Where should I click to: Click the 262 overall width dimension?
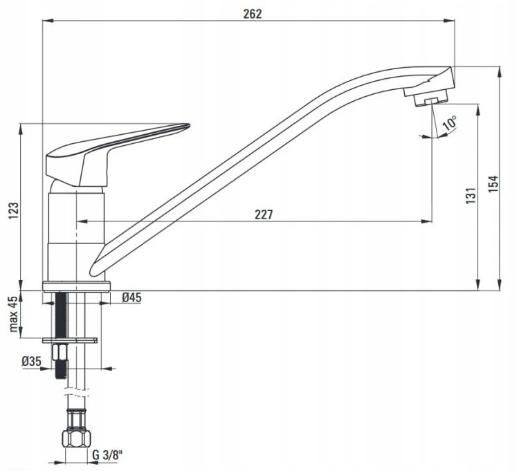[252, 14]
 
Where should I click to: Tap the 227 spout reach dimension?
[264, 214]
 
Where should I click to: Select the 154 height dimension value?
[493, 184]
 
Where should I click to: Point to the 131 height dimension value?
[471, 196]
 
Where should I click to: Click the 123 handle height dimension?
[14, 210]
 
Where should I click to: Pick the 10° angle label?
[450, 122]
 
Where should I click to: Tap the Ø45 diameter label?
[131, 297]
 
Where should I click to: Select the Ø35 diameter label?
[31, 361]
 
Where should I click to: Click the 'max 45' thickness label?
[12, 314]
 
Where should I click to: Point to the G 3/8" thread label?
[107, 455]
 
